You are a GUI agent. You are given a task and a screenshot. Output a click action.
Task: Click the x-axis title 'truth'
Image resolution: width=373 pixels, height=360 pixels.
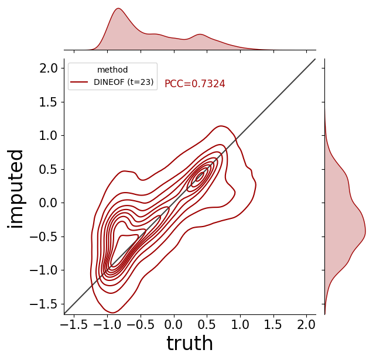pyautogui.click(x=190, y=343)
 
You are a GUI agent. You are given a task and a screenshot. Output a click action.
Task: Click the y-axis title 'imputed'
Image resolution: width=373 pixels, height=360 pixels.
pyautogui.click(x=15, y=189)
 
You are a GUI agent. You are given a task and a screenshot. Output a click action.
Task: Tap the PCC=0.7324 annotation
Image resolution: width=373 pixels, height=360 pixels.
pyautogui.click(x=195, y=84)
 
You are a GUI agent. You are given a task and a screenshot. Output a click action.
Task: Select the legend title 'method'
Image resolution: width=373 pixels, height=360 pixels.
pyautogui.click(x=112, y=70)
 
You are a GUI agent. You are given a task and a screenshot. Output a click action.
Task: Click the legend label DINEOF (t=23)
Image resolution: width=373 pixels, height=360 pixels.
pyautogui.click(x=124, y=82)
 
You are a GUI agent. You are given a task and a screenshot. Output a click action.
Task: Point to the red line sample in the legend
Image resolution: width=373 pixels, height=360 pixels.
pyautogui.click(x=79, y=82)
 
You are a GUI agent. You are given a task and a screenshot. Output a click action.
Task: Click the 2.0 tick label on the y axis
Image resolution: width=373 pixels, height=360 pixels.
pyautogui.click(x=49, y=68)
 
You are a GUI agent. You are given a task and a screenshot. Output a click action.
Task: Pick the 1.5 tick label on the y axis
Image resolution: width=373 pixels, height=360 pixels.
pyautogui.click(x=49, y=102)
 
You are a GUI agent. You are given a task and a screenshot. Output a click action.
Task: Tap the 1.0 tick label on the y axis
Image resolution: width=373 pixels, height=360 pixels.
pyautogui.click(x=49, y=136)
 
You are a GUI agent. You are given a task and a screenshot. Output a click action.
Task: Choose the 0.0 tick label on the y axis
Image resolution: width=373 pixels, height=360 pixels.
pyautogui.click(x=49, y=203)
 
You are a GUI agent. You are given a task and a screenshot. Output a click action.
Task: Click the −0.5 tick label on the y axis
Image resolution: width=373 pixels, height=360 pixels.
pyautogui.click(x=44, y=236)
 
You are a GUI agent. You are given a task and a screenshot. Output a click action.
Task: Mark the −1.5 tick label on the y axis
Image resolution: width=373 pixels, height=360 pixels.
pyautogui.click(x=44, y=304)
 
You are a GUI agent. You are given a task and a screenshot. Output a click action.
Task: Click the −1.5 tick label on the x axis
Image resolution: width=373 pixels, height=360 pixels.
pyautogui.click(x=74, y=324)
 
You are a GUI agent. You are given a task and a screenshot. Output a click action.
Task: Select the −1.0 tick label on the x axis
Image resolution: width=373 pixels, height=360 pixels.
pyautogui.click(x=107, y=324)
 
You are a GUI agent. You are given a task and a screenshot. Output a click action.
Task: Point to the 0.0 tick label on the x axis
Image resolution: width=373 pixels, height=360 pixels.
pyautogui.click(x=174, y=324)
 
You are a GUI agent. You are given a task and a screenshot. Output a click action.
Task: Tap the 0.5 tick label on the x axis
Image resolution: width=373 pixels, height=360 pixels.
pyautogui.click(x=207, y=324)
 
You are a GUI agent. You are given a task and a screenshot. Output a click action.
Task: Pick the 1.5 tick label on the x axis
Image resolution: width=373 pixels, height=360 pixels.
pyautogui.click(x=273, y=324)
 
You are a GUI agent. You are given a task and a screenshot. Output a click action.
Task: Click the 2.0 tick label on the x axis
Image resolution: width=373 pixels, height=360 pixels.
pyautogui.click(x=307, y=324)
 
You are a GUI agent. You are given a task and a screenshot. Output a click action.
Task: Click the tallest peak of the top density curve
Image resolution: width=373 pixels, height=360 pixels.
pyautogui.click(x=118, y=8)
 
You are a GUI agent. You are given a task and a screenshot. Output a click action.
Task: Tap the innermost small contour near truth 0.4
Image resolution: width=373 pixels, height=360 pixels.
pyautogui.click(x=200, y=177)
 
